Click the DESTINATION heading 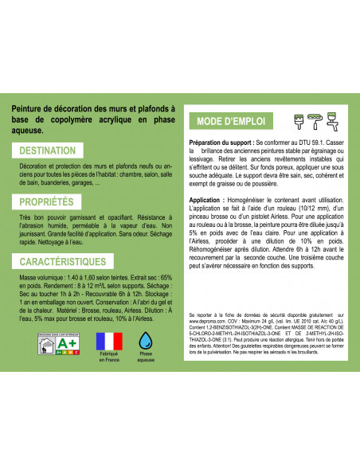tap(47, 150)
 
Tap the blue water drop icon tap(146, 339)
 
